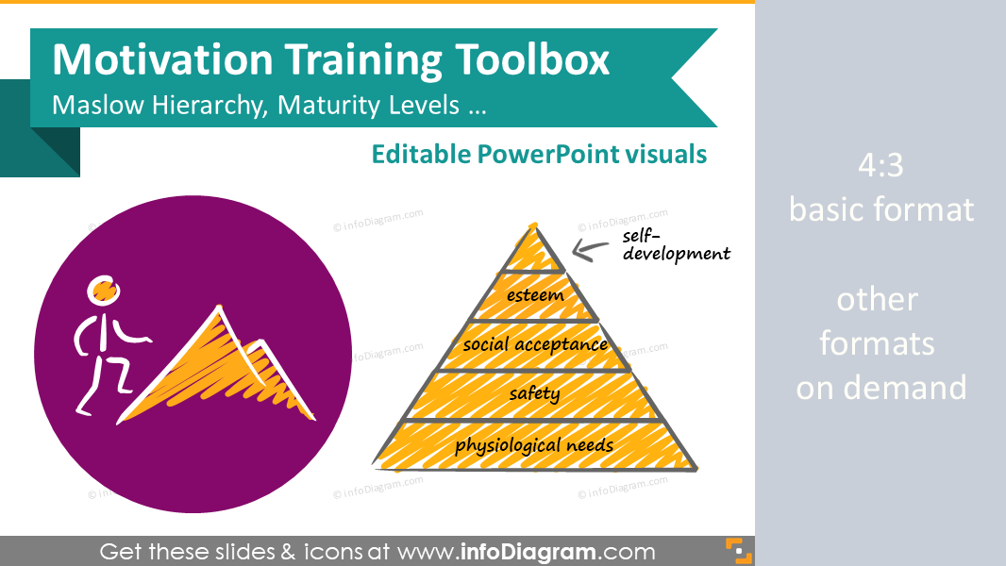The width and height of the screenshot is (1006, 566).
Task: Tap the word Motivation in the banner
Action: pyautogui.click(x=163, y=59)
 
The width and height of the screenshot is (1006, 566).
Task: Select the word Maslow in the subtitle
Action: pyautogui.click(x=97, y=105)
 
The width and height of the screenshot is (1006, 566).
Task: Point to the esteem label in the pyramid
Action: pyautogui.click(x=535, y=295)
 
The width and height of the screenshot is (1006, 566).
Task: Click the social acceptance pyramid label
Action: pyautogui.click(x=535, y=345)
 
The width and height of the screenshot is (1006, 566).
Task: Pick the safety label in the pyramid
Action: pyautogui.click(x=534, y=393)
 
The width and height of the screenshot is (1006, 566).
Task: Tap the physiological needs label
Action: pyautogui.click(x=534, y=445)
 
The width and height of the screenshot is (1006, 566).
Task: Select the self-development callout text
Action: pyautogui.click(x=677, y=245)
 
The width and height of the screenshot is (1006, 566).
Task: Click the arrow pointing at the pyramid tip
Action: pyautogui.click(x=590, y=250)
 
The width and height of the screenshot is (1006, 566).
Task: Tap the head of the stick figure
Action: pyautogui.click(x=103, y=290)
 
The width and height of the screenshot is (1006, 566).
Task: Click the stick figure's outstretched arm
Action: pyautogui.click(x=130, y=332)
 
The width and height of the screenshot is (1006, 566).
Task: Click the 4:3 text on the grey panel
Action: pyautogui.click(x=880, y=165)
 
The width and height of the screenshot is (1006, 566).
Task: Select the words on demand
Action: pyautogui.click(x=880, y=388)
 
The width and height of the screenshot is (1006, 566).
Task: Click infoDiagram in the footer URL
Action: pyautogui.click(x=528, y=552)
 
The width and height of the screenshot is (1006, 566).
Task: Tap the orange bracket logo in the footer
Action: pyautogui.click(x=739, y=551)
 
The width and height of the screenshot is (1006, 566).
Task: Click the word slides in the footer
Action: pyautogui.click(x=238, y=552)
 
